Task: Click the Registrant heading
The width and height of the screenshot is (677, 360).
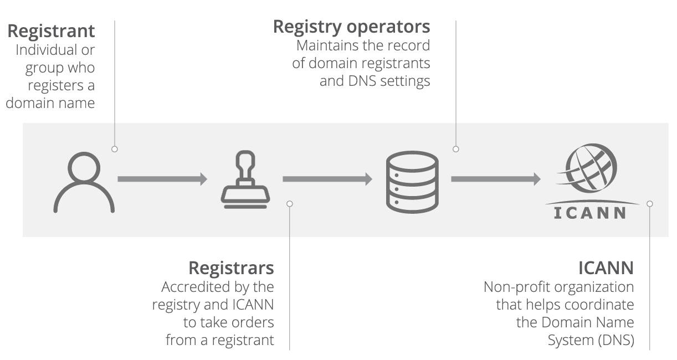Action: click(x=51, y=31)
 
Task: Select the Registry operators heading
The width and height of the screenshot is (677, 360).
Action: click(x=351, y=28)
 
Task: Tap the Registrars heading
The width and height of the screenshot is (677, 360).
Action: click(x=231, y=269)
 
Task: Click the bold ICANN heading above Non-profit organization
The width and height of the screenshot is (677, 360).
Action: click(x=606, y=268)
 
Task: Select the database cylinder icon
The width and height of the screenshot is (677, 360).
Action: click(x=412, y=182)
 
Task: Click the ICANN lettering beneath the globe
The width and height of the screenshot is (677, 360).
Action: click(x=590, y=213)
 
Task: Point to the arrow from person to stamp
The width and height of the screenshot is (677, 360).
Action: click(x=162, y=179)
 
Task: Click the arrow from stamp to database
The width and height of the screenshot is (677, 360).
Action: click(x=327, y=179)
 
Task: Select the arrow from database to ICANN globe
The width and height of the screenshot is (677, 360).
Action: click(x=496, y=179)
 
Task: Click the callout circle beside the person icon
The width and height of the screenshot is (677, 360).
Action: click(x=115, y=149)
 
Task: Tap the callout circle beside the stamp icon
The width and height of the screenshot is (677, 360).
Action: click(x=290, y=204)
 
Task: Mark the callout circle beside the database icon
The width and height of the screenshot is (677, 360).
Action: click(x=456, y=149)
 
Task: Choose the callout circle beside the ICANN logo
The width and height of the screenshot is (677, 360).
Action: click(x=649, y=204)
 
